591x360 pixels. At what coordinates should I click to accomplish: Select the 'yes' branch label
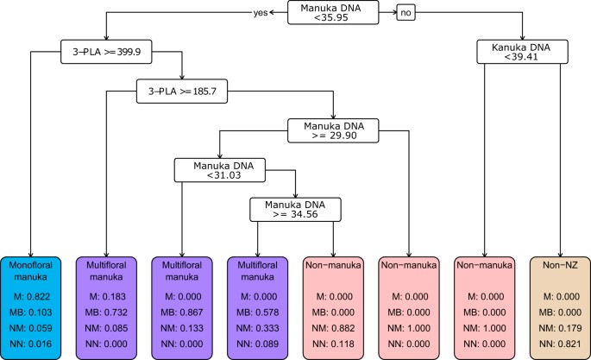coord(263,13)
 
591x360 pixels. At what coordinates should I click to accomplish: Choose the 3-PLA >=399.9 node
coord(104,51)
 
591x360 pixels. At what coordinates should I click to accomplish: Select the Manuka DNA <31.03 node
coord(218,169)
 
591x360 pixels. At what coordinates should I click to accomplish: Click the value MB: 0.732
coord(104,313)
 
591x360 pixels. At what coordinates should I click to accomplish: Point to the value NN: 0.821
coord(561,343)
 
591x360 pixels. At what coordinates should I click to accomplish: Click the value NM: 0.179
coord(561,328)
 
